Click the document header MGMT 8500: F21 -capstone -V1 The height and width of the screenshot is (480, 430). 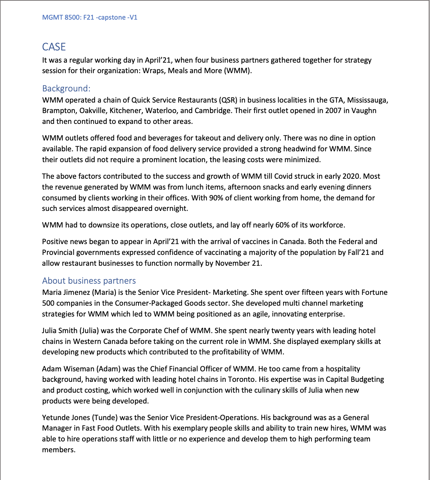90,18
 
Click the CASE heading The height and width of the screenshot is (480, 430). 54,47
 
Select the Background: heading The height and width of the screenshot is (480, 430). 66,89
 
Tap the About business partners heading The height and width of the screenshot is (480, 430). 89,281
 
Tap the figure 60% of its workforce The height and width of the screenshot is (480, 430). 282,225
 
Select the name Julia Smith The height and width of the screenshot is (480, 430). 60,331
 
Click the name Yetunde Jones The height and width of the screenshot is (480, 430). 66,418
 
